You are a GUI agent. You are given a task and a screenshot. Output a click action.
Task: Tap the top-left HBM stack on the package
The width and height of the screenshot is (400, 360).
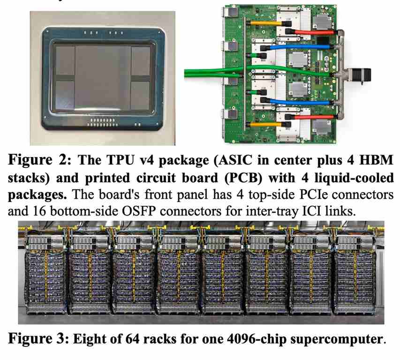point(65,60)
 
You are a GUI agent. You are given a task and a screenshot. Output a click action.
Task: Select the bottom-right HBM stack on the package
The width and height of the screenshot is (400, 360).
point(140,95)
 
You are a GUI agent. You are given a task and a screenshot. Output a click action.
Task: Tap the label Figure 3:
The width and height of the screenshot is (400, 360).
point(38,339)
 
